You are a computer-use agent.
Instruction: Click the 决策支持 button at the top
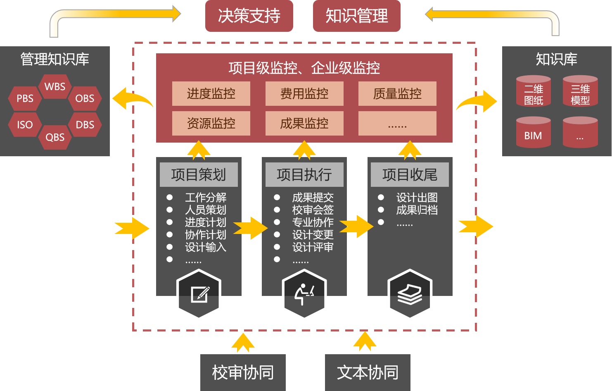point(249,16)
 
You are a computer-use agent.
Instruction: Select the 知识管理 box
point(357,16)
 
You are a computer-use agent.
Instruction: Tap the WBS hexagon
point(55,87)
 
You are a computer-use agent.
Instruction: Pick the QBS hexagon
point(55,137)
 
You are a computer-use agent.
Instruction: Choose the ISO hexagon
point(25,124)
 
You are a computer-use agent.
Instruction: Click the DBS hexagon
point(85,124)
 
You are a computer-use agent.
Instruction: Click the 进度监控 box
point(211,94)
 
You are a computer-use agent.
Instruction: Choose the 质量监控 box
point(397,94)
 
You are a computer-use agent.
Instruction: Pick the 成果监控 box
point(304,123)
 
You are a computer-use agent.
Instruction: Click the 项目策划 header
point(199,174)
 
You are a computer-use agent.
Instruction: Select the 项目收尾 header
point(410,174)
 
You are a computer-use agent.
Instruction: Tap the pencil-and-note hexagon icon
point(199,294)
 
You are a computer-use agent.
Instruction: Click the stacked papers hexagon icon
point(410,294)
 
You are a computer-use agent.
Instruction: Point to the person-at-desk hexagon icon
point(304,294)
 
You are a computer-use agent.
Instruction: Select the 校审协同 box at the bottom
point(243,372)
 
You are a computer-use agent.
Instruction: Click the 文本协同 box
point(368,372)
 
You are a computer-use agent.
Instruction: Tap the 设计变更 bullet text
point(313,235)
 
